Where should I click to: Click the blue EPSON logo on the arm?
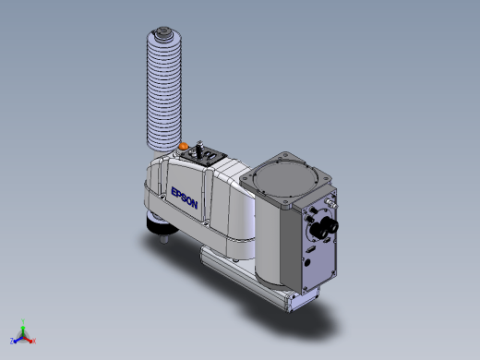[x=184, y=198]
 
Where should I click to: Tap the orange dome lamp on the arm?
[x=184, y=146]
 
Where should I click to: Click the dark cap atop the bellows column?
[x=162, y=32]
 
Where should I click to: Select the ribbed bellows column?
[x=164, y=90]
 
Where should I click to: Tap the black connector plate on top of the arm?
[x=204, y=156]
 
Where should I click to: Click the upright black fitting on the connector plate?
[x=199, y=147]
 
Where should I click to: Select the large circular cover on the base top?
[x=283, y=179]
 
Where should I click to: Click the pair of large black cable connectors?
[x=324, y=229]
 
